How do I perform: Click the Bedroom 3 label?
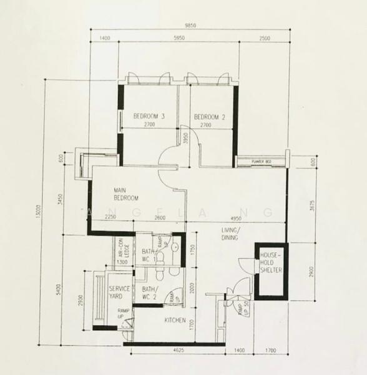149,116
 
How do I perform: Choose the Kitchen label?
175,321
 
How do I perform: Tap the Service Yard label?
119,292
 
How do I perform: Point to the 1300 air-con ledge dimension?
123,262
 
